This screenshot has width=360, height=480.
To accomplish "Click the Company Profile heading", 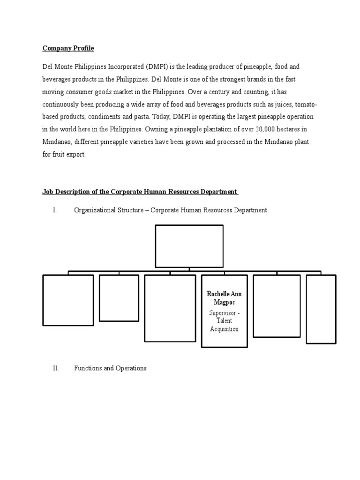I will point(68,48).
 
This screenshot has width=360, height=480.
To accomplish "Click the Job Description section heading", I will point(140,192).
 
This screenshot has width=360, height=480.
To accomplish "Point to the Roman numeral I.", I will point(55,210).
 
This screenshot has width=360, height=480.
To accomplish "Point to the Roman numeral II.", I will point(56,368).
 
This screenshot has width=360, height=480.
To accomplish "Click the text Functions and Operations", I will point(110,368).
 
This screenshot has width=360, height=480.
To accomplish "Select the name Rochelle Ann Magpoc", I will point(224,298).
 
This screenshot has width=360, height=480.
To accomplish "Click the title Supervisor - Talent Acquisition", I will point(224,321).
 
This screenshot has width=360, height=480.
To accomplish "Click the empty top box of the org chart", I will point(189,246).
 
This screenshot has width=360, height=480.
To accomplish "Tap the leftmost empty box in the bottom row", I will point(68,300).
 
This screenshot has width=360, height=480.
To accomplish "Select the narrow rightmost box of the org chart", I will point(321,309).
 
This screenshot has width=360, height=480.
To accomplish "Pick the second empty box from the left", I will point(119,298).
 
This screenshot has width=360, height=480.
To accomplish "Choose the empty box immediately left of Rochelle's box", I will point(170,308).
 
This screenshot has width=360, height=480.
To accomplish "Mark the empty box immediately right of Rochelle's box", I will point(277,306).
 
